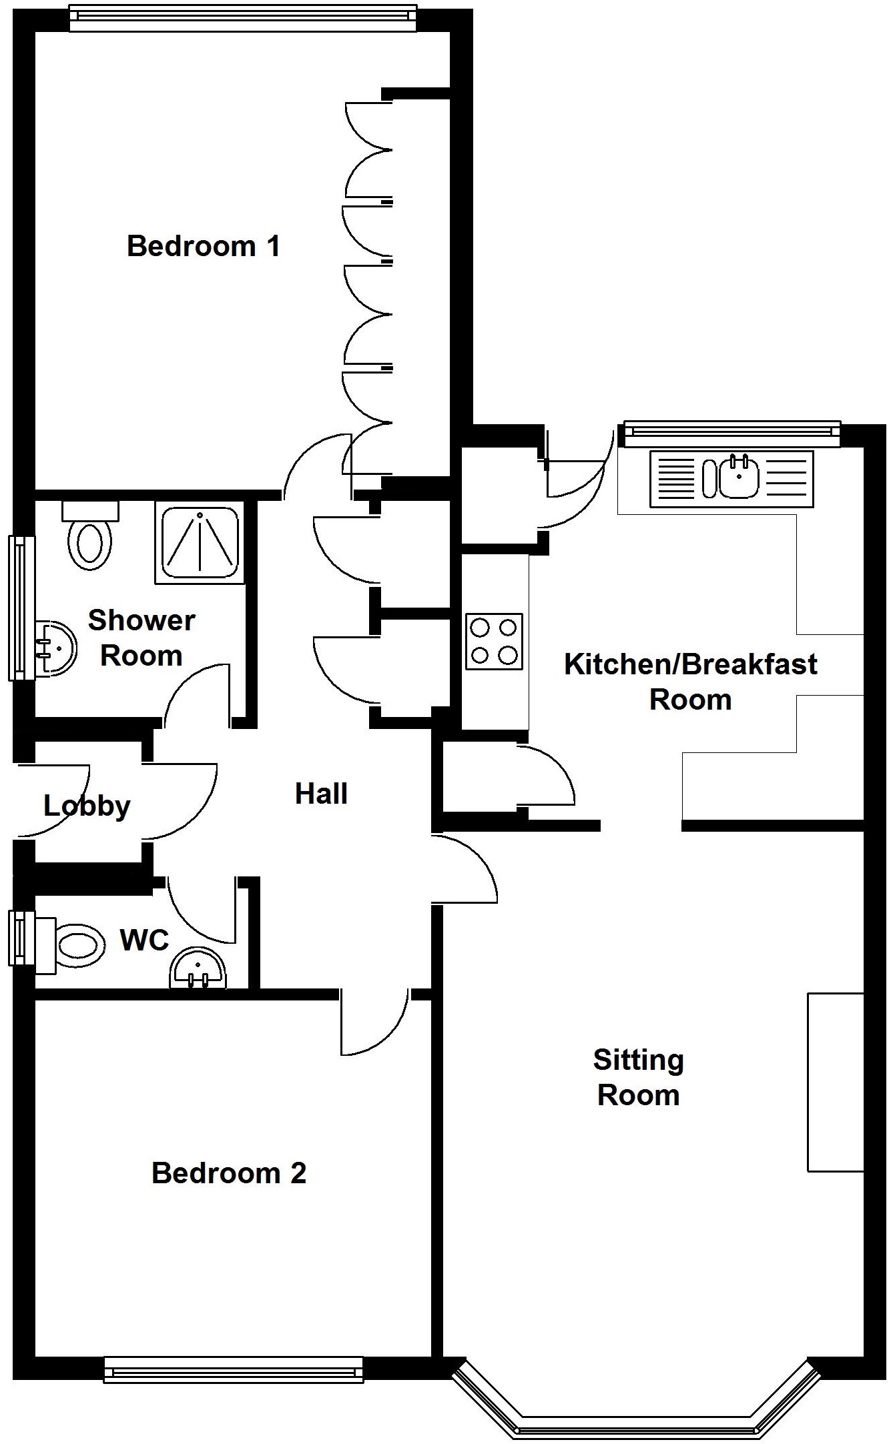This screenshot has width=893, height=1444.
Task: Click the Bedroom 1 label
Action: [204, 246]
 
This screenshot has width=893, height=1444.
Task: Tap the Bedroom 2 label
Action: [229, 1173]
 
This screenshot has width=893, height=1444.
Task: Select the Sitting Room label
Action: [639, 1077]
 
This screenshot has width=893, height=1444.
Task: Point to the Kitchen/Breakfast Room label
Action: [691, 681]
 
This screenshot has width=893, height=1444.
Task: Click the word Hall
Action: [321, 794]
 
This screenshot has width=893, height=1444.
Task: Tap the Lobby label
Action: [87, 806]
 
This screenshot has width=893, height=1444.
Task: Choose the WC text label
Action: [144, 940]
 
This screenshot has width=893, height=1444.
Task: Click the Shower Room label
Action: [141, 638]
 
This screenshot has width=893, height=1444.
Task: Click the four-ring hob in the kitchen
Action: [494, 641]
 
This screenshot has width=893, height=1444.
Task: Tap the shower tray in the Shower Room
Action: [200, 543]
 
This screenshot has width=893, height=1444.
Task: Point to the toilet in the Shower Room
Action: [89, 538]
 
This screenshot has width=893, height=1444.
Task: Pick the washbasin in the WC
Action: [198, 969]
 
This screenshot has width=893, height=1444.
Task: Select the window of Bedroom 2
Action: [234, 1370]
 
